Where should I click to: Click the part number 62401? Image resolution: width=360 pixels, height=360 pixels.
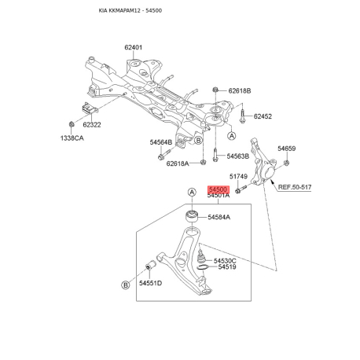[133, 47]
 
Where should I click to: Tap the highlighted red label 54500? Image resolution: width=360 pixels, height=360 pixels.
[219, 189]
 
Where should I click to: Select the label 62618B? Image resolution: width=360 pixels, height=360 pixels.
[240, 91]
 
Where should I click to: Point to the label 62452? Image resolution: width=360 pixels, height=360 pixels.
[263, 116]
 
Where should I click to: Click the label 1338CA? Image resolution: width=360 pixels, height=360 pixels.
[72, 138]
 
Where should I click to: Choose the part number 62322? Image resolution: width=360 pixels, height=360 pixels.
[92, 125]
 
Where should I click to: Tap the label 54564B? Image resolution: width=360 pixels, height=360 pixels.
[161, 142]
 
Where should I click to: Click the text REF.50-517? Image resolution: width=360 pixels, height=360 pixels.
[295, 187]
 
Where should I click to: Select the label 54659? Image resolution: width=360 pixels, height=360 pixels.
[286, 149]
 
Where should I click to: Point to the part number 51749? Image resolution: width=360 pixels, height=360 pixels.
[238, 176]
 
